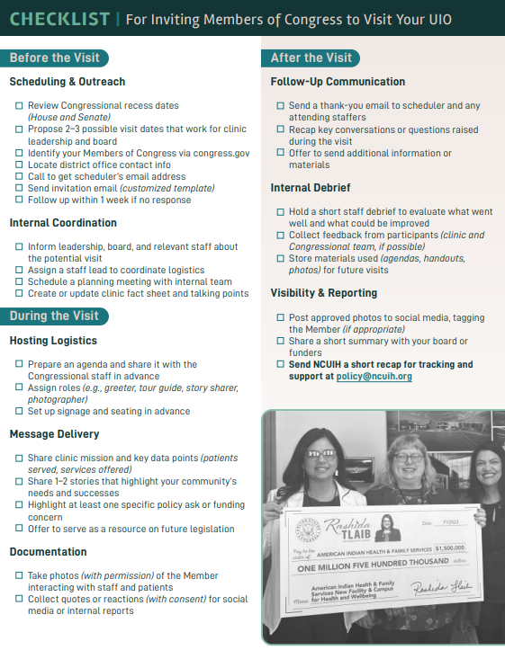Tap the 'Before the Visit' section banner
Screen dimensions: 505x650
click(x=53, y=58)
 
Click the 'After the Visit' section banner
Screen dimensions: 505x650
click(x=311, y=58)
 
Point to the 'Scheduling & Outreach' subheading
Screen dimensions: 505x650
click(x=68, y=82)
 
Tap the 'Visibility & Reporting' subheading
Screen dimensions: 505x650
click(x=324, y=293)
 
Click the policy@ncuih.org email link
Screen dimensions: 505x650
click(x=374, y=377)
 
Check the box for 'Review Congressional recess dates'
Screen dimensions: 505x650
click(x=19, y=106)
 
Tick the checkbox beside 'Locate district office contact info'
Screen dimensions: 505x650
click(x=19, y=165)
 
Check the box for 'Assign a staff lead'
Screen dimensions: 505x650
click(x=19, y=271)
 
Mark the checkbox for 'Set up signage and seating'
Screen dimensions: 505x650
click(x=19, y=412)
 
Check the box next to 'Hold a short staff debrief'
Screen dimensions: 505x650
click(x=280, y=212)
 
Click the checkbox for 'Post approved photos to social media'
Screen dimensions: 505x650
click(x=280, y=318)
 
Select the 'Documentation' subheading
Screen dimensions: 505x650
click(x=49, y=552)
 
